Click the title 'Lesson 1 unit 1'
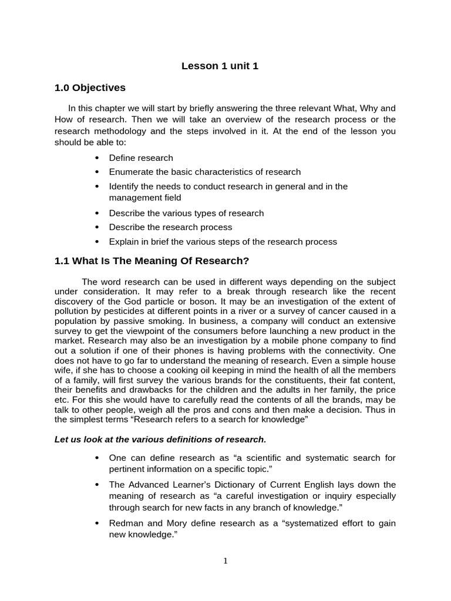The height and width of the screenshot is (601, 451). click(220, 66)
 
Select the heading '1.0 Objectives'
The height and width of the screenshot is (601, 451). click(90, 88)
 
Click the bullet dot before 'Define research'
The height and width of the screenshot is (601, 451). click(97, 158)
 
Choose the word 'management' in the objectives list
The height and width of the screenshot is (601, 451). click(134, 198)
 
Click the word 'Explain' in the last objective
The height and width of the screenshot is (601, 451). click(123, 241)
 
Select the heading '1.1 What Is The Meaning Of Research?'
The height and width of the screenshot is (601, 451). click(152, 261)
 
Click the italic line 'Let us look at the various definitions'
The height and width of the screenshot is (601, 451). click(160, 439)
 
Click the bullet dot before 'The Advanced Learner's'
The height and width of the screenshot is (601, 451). click(97, 485)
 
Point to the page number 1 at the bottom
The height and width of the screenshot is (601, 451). click(225, 561)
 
